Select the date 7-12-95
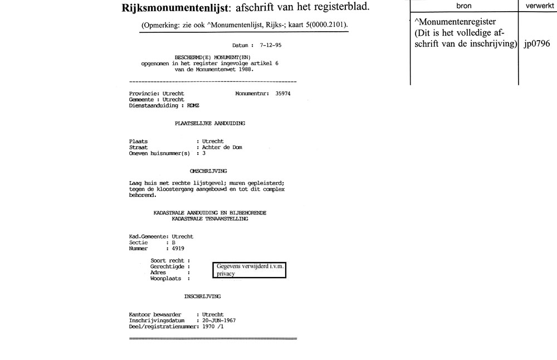[x=270, y=45]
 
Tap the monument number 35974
[x=283, y=94]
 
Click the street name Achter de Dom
[x=222, y=147]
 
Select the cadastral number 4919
[x=178, y=249]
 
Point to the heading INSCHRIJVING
[x=203, y=296]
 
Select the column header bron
[x=463, y=5]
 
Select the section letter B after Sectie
[x=173, y=243]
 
